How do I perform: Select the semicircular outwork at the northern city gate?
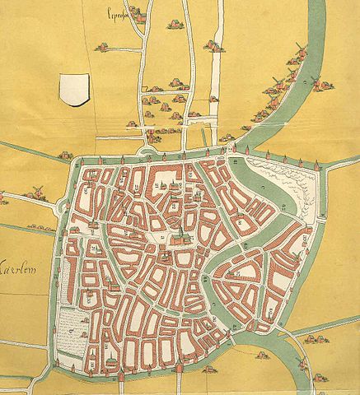click(x=148, y=151)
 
